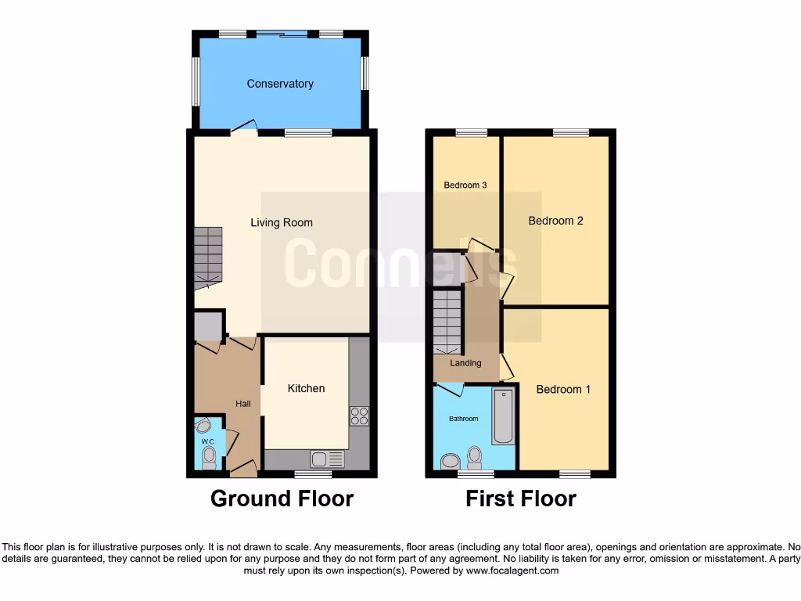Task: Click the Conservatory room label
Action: (x=280, y=84)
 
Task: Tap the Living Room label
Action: (x=281, y=223)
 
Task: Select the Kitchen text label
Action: (x=306, y=389)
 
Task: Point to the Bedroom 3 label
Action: (x=465, y=185)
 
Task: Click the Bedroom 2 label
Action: (x=555, y=221)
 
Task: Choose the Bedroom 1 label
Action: (x=563, y=390)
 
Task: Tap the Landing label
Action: (x=465, y=363)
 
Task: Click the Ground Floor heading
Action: (x=282, y=498)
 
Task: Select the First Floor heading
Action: (x=521, y=498)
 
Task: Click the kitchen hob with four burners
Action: (x=359, y=416)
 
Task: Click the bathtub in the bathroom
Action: (x=502, y=416)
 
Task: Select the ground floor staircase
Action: (x=208, y=254)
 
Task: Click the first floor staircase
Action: (x=448, y=321)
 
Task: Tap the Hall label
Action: (x=244, y=404)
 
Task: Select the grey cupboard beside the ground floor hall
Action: (x=207, y=326)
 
